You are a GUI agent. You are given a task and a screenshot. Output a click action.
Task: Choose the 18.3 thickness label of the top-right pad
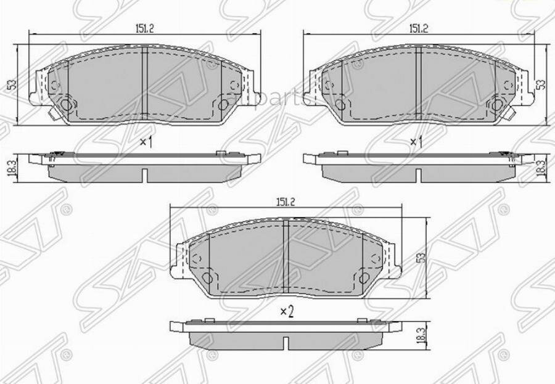tap(541, 167)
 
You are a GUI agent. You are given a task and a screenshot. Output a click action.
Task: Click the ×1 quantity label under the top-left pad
tap(146, 142)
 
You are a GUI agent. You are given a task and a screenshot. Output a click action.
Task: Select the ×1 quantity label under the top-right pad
tap(417, 142)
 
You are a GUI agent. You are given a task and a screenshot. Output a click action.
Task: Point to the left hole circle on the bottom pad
tap(195, 259)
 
